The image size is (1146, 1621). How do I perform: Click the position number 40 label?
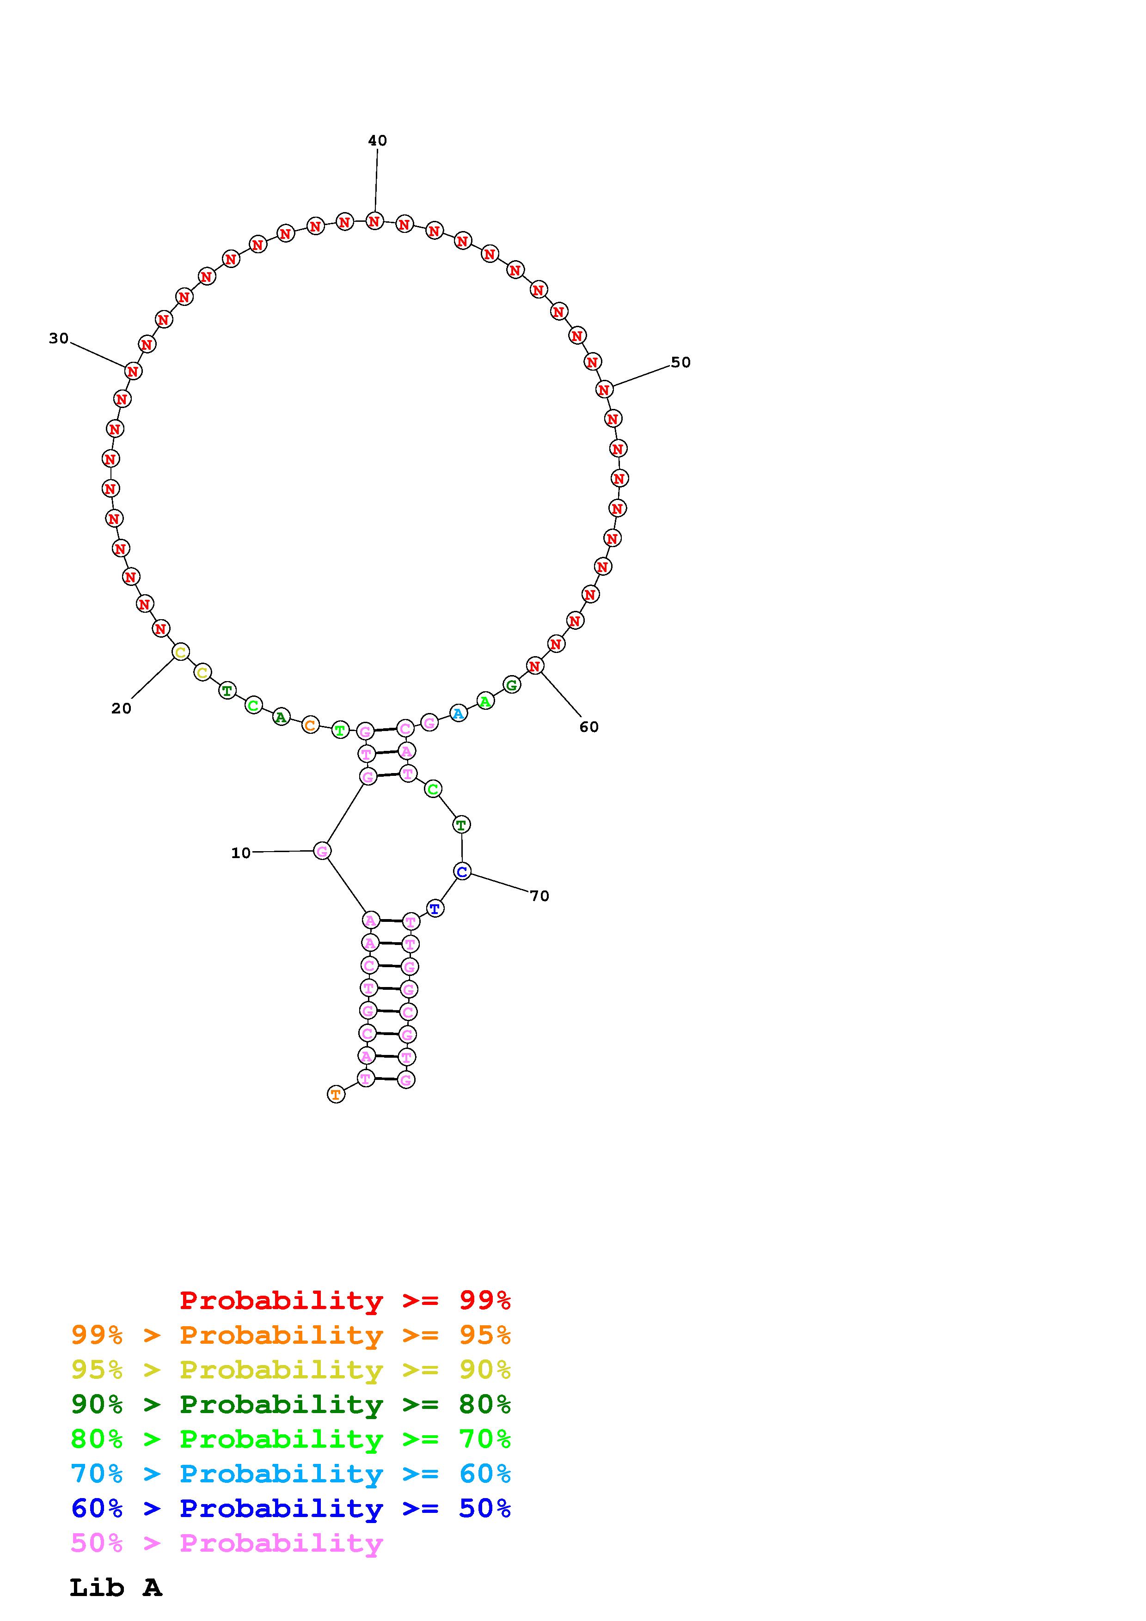click(x=377, y=140)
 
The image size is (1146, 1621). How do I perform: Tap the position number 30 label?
click(x=59, y=338)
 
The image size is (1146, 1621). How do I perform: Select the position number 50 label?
click(x=680, y=362)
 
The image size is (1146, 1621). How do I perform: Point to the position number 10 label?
click(x=241, y=853)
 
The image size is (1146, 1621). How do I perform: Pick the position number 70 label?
click(x=539, y=896)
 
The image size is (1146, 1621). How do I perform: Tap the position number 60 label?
click(x=589, y=726)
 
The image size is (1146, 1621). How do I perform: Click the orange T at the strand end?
click(x=336, y=1095)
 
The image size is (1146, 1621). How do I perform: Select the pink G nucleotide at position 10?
click(x=322, y=852)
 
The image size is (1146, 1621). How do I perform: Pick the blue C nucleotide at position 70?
click(x=462, y=872)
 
